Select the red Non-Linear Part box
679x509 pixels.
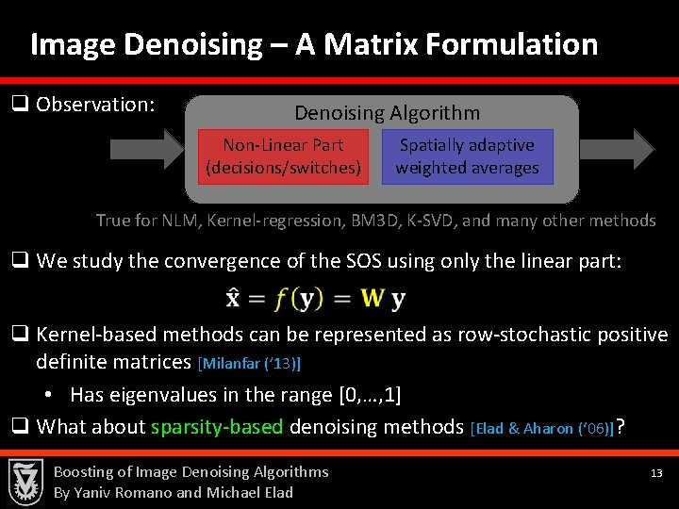[283, 156]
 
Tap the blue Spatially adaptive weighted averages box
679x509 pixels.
[467, 156]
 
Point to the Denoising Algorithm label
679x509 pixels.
[387, 113]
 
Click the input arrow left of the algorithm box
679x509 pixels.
[141, 148]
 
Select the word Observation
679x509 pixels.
[94, 104]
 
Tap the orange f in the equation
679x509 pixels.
[281, 300]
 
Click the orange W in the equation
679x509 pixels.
[373, 300]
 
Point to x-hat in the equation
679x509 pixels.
[233, 299]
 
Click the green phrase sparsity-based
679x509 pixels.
[216, 427]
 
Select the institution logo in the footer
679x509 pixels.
[25, 482]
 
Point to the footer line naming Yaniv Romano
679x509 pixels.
[173, 492]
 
